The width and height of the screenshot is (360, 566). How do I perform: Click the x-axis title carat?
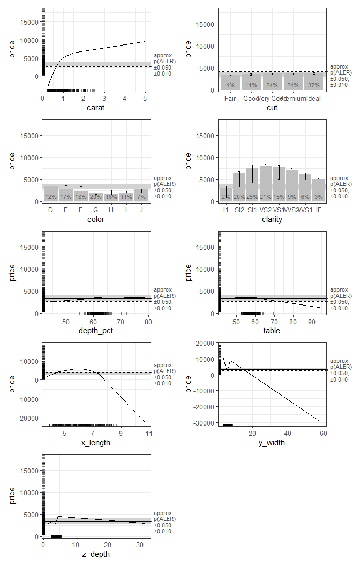click(96, 108)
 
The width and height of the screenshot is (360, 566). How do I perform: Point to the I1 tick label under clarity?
click(226, 210)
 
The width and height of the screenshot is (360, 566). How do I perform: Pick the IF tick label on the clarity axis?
click(318, 210)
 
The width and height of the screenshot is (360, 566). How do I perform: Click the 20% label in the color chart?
click(96, 197)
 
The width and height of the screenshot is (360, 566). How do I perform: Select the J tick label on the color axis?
click(141, 210)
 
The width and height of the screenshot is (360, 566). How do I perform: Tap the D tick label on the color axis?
click(51, 210)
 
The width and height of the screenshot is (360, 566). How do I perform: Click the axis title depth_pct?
click(96, 331)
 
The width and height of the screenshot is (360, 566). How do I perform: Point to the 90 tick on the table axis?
click(312, 322)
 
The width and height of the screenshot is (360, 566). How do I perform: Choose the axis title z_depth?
click(96, 554)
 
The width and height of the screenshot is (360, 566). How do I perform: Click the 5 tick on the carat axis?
click(145, 99)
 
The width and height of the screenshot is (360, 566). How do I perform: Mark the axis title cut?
click(272, 108)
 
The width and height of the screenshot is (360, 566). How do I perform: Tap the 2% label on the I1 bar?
click(226, 197)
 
